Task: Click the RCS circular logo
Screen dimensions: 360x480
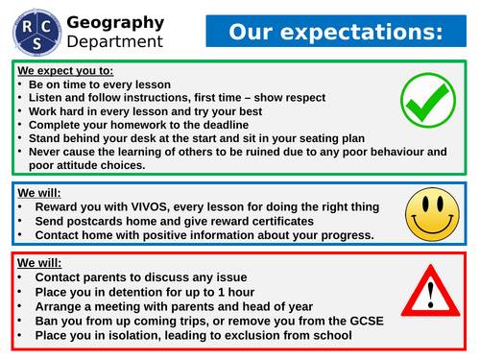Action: (31, 30)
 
